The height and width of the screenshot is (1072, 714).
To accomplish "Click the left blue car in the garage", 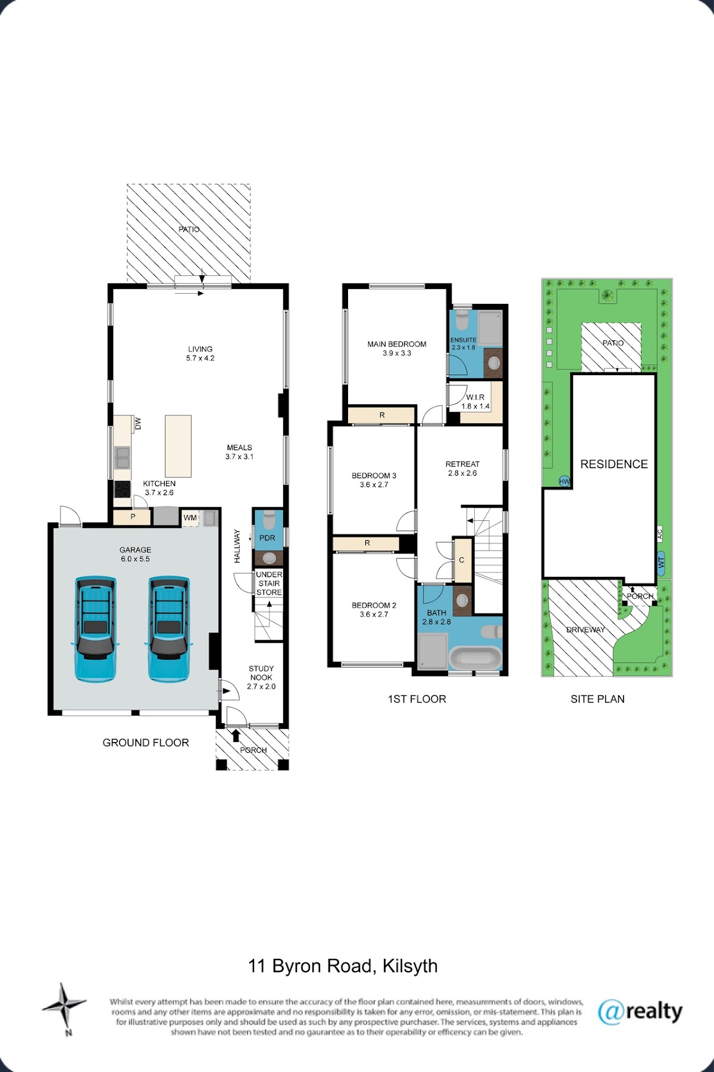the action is point(96,629).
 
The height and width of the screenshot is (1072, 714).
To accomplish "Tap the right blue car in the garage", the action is point(169,629).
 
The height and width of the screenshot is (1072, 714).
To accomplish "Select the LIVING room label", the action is point(201,349).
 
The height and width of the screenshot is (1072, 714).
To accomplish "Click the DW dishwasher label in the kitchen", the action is point(138,423).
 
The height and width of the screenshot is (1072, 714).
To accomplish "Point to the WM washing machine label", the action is point(190,518).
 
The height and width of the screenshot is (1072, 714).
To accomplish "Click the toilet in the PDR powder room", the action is point(269,520).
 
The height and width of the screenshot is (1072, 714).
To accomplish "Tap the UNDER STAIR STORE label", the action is point(269,583).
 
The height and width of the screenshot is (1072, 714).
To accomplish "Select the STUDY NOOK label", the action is point(261,673).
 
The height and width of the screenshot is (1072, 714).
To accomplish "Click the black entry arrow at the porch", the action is point(236,735).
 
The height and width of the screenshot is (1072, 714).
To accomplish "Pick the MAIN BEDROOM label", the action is point(397,344).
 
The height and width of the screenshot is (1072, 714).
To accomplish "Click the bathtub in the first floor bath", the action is point(475,658).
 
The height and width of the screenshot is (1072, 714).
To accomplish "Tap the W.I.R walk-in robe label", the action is point(475,397).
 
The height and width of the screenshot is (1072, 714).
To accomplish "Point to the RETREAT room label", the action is point(462,464).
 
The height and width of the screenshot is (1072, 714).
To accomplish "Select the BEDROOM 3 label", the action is point(374,476).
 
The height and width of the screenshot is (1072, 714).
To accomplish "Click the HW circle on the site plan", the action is point(564,482).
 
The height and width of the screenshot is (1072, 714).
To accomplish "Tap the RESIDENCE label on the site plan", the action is point(614,464).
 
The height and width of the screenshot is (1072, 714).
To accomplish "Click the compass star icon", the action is point(64,1007).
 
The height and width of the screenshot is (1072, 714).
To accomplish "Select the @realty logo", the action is point(640,1011).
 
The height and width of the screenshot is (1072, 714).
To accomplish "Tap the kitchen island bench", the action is point(178,446).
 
